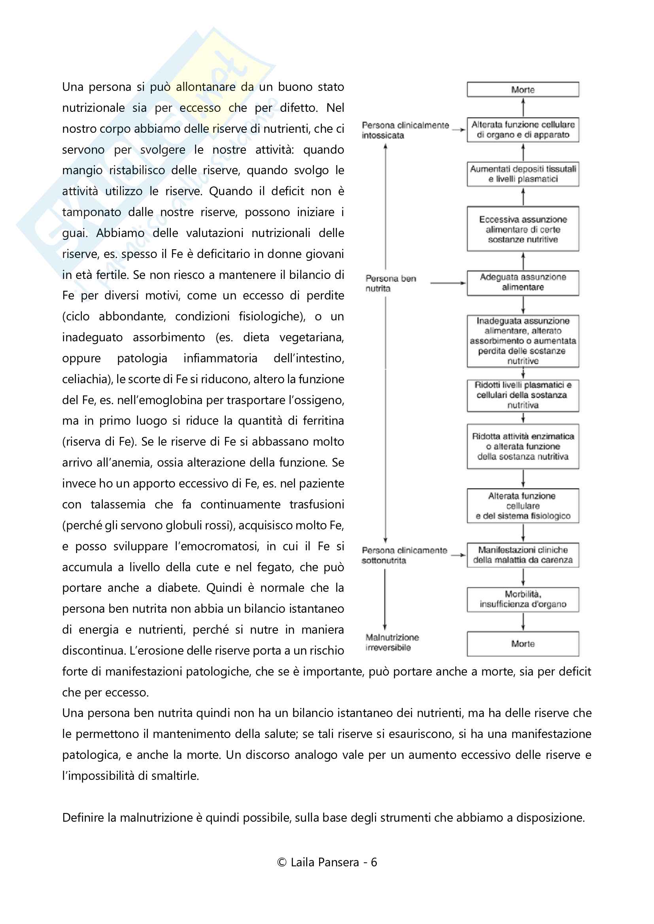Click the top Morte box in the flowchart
[523, 89]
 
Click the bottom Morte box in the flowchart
[523, 644]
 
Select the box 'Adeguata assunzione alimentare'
[523, 282]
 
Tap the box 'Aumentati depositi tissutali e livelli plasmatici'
[523, 174]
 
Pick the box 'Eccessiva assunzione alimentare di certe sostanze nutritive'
[523, 229]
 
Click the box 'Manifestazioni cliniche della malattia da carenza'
[523, 555]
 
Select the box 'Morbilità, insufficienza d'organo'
[523, 599]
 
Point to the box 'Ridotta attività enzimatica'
[523, 446]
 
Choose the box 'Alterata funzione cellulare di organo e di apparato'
[523, 130]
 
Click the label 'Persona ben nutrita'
[390, 283]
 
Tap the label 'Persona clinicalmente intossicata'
[405, 130]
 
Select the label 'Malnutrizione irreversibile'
[391, 642]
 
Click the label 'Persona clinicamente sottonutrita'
[404, 555]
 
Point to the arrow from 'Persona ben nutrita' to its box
[448, 283]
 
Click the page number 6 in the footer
[374, 862]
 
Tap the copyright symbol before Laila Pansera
[282, 862]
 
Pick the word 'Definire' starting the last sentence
[83, 817]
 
